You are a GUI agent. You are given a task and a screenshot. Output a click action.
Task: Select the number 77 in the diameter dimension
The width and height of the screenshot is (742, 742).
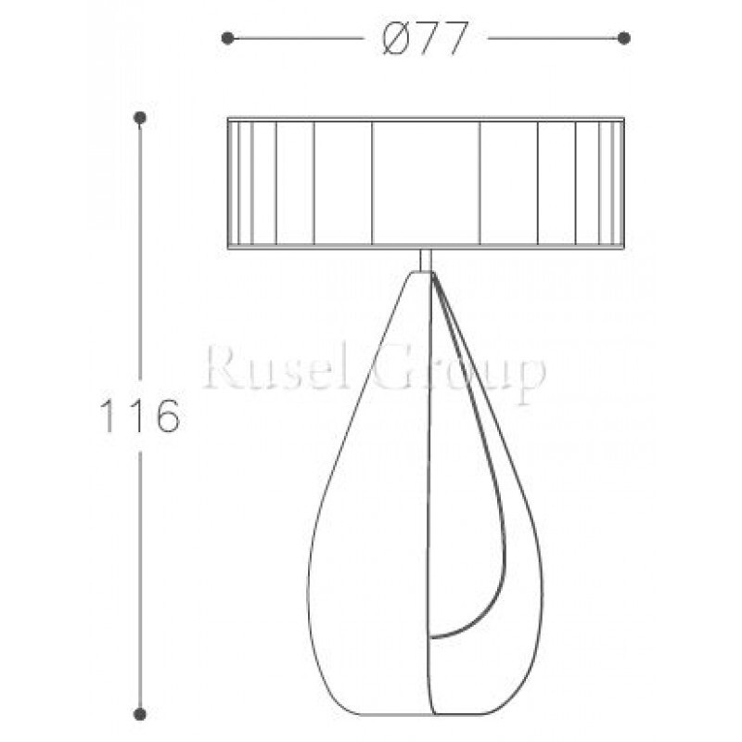tap(440, 39)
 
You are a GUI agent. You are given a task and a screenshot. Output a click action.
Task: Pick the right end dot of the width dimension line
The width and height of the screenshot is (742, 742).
tap(624, 38)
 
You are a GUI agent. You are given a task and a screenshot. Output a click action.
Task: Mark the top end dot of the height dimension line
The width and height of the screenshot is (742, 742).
tap(140, 118)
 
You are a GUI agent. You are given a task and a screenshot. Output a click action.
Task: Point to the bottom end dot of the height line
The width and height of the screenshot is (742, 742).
tap(140, 712)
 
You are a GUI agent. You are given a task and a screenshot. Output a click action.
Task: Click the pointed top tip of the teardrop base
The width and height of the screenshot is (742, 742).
tap(426, 275)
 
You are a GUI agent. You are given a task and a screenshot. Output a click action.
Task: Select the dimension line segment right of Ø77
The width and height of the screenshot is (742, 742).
tap(555, 38)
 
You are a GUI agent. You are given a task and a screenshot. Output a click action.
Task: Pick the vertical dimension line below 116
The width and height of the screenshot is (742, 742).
tap(140, 575)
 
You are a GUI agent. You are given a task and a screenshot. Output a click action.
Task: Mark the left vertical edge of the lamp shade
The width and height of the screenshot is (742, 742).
tap(228, 183)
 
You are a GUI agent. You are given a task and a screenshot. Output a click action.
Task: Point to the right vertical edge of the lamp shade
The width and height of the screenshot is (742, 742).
tap(623, 183)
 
